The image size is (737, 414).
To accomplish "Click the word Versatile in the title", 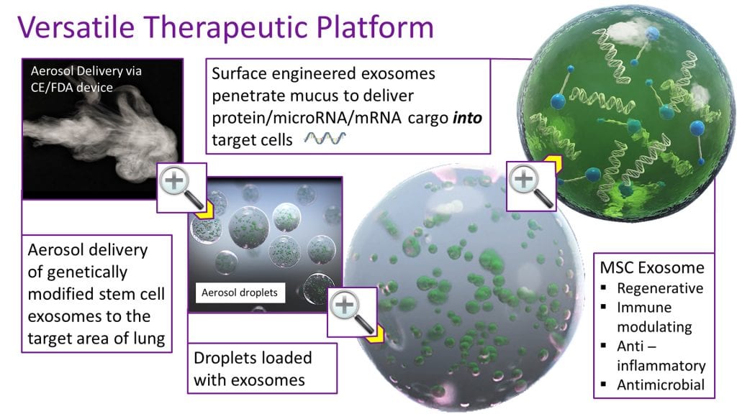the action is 76,27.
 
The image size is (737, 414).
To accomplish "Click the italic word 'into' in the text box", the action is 467,118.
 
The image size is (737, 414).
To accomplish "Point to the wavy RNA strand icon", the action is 325,138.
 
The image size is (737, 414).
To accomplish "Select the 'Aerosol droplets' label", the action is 240,293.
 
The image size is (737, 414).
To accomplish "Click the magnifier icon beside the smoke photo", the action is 181,188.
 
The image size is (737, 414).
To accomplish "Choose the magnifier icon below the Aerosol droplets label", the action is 352,312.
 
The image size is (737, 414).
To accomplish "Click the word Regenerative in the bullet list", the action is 660,288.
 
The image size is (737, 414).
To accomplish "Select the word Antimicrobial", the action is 661,385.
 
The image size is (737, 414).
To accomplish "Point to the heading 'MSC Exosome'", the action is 652,267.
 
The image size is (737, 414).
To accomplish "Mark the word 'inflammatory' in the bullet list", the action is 661,366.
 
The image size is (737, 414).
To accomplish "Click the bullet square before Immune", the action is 604,307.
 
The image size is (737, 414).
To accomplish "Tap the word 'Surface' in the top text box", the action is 239,74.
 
